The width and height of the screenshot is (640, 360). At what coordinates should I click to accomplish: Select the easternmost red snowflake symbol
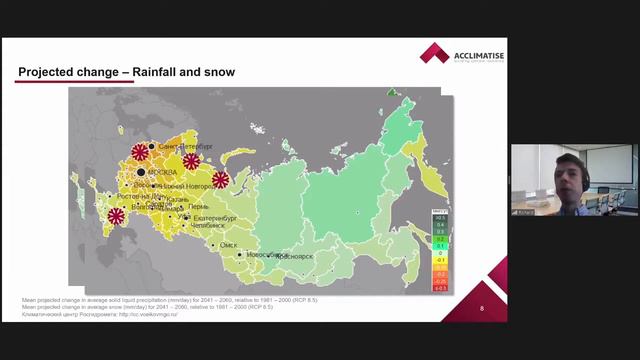point(221,180)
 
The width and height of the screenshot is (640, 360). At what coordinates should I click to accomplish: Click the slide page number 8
point(482,308)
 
